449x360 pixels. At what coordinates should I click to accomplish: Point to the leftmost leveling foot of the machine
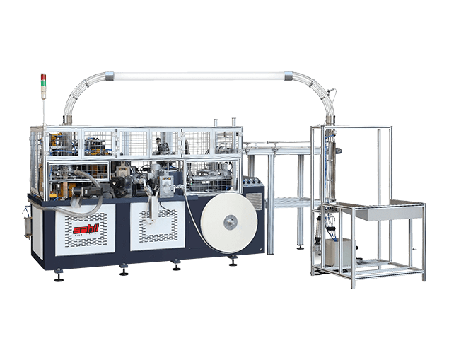tap(59, 277)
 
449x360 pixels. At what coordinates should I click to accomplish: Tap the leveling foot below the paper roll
tap(233, 263)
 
